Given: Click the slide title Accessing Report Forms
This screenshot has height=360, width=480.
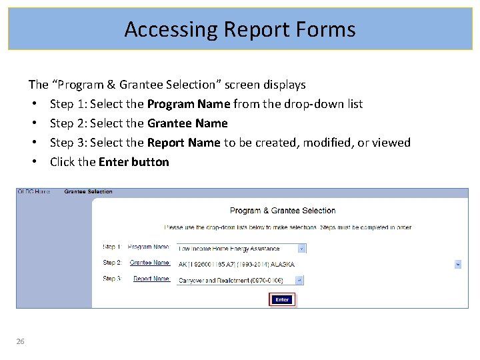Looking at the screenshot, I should pyautogui.click(x=240, y=29).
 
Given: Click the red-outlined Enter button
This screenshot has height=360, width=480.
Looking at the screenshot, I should pyautogui.click(x=282, y=299).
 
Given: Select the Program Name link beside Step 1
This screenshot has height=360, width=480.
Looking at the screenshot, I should pyautogui.click(x=149, y=247).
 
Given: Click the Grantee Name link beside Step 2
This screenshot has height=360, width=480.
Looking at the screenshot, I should pyautogui.click(x=150, y=263).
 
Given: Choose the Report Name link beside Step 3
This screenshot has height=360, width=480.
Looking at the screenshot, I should pyautogui.click(x=151, y=279).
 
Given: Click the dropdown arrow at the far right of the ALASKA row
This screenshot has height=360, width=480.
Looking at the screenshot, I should pyautogui.click(x=458, y=264).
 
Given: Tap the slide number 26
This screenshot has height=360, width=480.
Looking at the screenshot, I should pyautogui.click(x=21, y=341).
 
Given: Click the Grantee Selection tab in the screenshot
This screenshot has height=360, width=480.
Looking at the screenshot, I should pyautogui.click(x=88, y=192).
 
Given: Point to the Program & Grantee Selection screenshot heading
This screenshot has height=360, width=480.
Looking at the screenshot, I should pyautogui.click(x=283, y=211).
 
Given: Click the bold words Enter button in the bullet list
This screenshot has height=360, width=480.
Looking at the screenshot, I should pyautogui.click(x=134, y=162).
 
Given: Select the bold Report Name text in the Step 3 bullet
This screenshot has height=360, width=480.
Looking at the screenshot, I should pyautogui.click(x=183, y=143).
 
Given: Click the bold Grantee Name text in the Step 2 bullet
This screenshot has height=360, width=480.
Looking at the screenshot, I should pyautogui.click(x=187, y=123).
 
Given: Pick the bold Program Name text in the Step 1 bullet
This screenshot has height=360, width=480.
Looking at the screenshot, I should pyautogui.click(x=189, y=104).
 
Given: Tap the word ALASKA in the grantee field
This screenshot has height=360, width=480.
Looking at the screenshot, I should pyautogui.click(x=283, y=265).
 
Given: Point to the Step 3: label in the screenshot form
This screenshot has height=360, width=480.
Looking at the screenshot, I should pyautogui.click(x=112, y=279).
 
